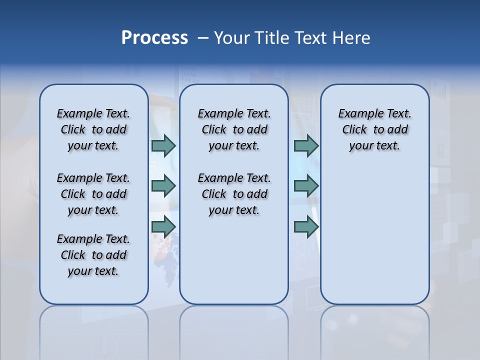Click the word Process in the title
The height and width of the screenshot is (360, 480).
click(154, 38)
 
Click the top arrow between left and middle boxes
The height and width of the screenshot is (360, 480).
click(163, 145)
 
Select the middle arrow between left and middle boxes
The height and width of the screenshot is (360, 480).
click(163, 186)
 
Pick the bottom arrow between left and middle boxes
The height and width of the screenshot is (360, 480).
click(163, 227)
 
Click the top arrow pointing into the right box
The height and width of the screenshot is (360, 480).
click(306, 145)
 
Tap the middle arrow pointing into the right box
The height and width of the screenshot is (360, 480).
click(306, 186)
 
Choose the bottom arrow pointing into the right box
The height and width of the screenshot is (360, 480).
click(306, 227)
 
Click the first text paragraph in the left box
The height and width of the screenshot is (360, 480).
click(93, 129)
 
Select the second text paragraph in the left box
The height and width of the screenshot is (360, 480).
click(93, 194)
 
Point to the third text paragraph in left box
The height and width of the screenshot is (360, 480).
click(93, 255)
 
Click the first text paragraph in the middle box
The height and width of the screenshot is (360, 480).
click(234, 129)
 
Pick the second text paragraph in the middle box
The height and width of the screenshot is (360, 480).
click(234, 194)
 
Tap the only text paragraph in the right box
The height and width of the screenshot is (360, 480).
click(374, 129)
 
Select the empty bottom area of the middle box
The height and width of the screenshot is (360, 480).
click(234, 265)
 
